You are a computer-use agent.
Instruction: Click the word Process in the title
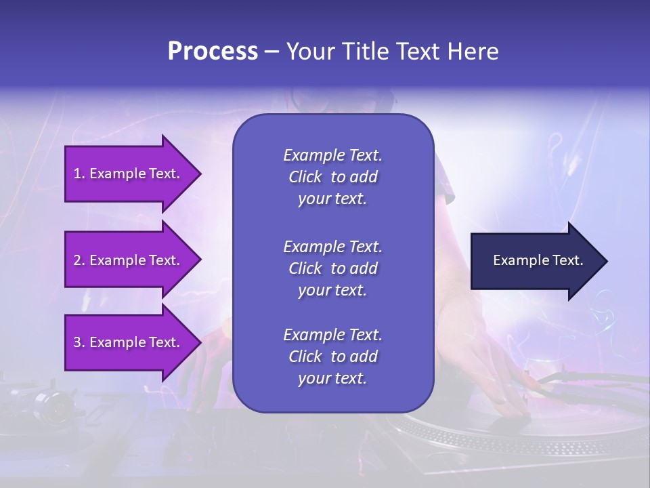(213, 52)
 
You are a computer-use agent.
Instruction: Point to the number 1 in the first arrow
(77, 174)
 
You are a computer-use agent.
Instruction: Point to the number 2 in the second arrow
(77, 260)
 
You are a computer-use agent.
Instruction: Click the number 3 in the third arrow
(77, 342)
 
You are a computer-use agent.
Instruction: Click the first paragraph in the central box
(332, 177)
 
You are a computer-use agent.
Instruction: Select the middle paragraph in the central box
(332, 268)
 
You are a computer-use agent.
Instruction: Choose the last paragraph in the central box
(332, 357)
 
